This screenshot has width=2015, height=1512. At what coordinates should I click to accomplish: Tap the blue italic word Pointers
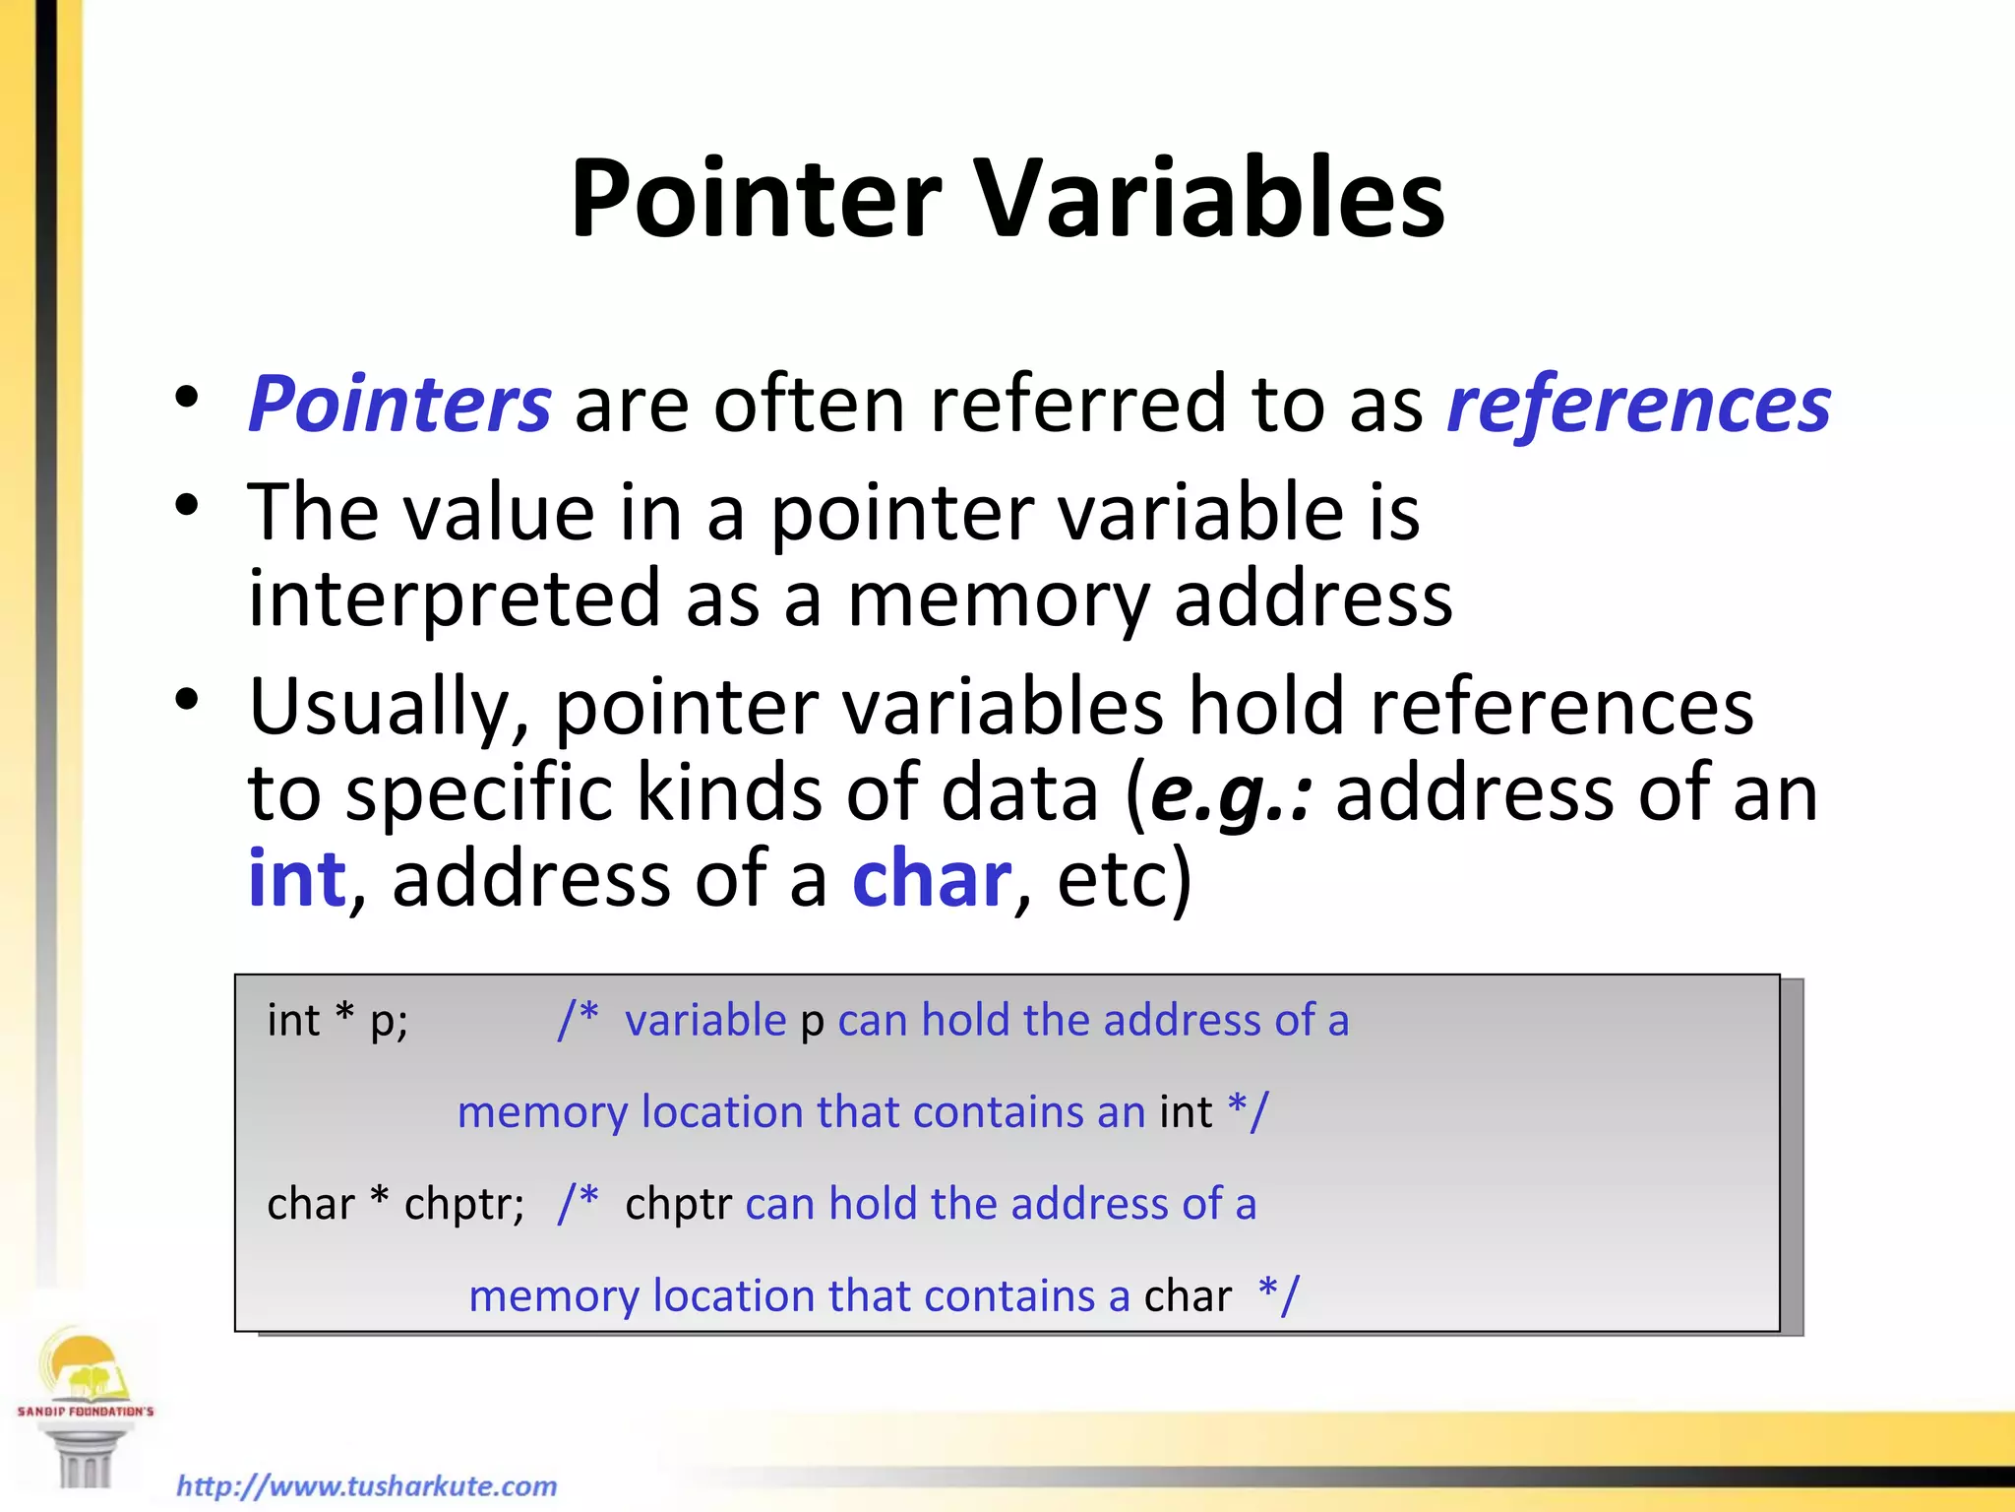[x=399, y=405]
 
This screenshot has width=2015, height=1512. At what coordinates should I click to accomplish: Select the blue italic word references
[x=1638, y=405]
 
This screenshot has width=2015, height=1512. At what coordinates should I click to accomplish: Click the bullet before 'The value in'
[x=186, y=508]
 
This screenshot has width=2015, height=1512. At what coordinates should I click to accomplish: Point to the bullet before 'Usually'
[x=186, y=701]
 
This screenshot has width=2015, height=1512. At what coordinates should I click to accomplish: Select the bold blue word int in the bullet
[x=296, y=879]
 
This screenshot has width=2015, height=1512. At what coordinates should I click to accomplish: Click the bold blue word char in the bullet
[x=931, y=879]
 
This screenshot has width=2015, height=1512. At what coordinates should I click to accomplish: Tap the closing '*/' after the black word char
[x=1278, y=1295]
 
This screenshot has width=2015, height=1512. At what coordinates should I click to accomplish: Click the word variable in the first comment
[x=705, y=1020]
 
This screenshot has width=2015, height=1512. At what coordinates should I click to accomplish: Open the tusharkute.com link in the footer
[x=366, y=1484]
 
